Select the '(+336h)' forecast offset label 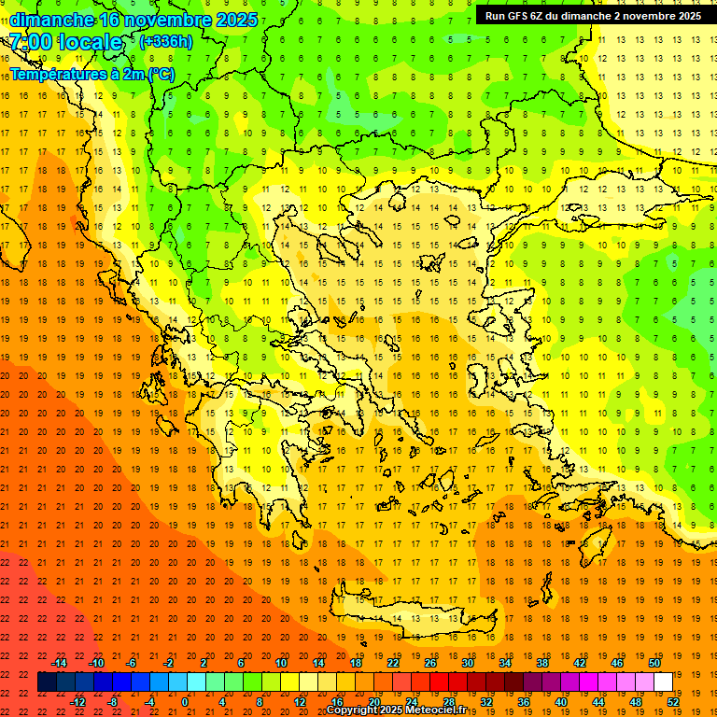[x=167, y=41]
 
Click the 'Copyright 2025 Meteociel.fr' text [x=396, y=710]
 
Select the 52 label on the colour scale [x=673, y=701]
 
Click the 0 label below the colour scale [x=186, y=701]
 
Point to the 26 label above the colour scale [x=430, y=663]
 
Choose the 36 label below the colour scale [x=524, y=701]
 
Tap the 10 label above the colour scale [x=281, y=663]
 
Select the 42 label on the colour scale [x=580, y=663]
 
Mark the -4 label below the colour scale [x=149, y=701]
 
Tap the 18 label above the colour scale [x=356, y=663]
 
